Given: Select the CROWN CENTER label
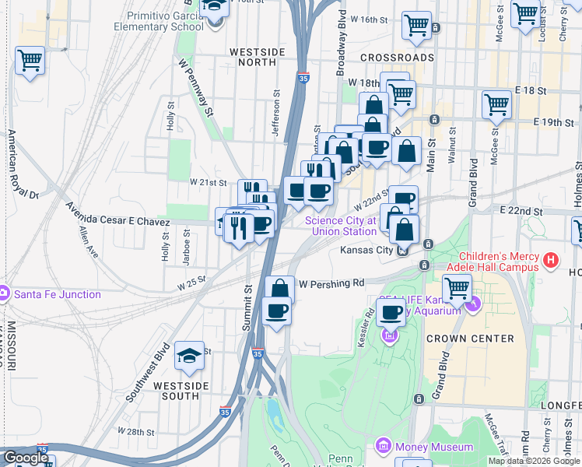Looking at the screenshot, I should pyautogui.click(x=469, y=339).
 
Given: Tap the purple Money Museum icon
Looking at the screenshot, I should pyautogui.click(x=383, y=447).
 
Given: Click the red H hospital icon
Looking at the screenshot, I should pyautogui.click(x=551, y=259).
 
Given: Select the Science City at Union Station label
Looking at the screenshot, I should pyautogui.click(x=340, y=226).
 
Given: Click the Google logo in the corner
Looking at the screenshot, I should pyautogui.click(x=25, y=458).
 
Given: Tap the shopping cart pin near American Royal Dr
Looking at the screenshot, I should pyautogui.click(x=30, y=61).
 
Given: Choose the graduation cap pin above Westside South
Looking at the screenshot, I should pyautogui.click(x=189, y=356).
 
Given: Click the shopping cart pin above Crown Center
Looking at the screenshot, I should pyautogui.click(x=458, y=288).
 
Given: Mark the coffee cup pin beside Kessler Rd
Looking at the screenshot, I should pyautogui.click(x=391, y=313).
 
